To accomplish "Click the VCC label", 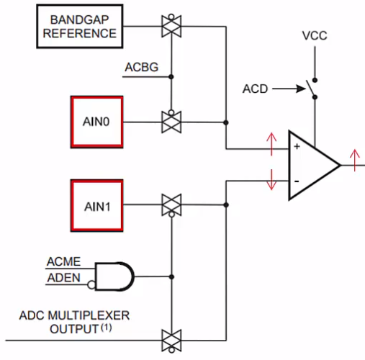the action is click(315, 36).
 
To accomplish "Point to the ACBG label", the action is click(142, 67).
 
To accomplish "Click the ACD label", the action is click(255, 89).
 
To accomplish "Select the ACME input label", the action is click(63, 261).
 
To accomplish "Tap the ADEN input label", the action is click(63, 278).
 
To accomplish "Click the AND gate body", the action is click(114, 276).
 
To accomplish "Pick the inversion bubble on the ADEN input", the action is click(91, 285).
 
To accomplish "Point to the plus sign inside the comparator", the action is click(297, 146).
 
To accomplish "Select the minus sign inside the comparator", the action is click(297, 181).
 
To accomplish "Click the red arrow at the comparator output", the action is click(355, 160).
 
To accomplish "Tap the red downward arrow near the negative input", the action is click(271, 180).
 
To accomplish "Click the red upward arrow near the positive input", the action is click(271, 144).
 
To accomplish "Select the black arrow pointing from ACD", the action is click(289, 89).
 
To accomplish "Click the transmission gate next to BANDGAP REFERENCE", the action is click(171, 26).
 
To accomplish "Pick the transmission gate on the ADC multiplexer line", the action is click(171, 341).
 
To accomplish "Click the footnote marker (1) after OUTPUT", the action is click(106, 328).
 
